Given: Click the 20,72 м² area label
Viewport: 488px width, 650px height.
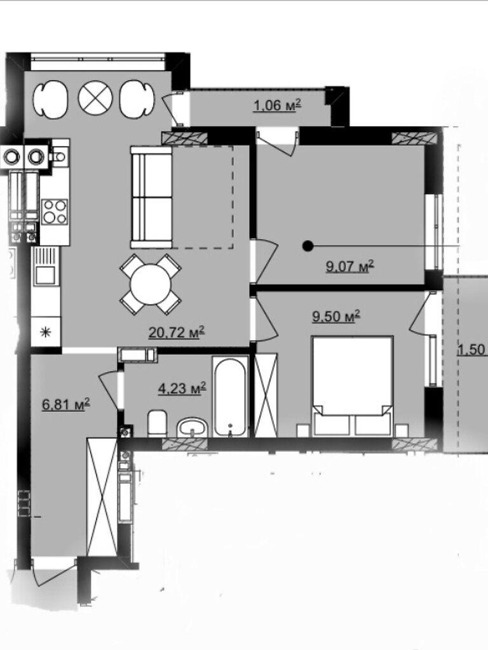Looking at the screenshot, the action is tap(177, 332).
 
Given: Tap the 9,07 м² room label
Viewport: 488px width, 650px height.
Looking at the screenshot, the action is tap(350, 266).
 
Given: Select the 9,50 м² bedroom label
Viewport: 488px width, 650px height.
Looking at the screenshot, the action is tap(336, 317).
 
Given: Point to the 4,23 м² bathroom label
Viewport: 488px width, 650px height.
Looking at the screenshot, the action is tap(182, 388).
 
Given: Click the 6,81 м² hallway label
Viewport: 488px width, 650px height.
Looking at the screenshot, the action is tap(66, 404).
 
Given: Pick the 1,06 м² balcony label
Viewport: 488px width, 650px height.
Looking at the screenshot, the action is tap(277, 106).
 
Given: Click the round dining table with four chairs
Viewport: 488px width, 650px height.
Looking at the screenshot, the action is tap(151, 285).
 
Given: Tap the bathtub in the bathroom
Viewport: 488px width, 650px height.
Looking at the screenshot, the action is tap(230, 396).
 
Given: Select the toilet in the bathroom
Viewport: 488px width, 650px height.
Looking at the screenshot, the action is tap(158, 423).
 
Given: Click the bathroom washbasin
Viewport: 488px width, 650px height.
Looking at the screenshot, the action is tap(192, 427).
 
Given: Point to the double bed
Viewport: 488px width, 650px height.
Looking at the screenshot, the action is tap(352, 385).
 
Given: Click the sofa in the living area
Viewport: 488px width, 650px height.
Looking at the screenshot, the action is tap(151, 197).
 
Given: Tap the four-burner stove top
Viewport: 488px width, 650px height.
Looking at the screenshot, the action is tap(55, 212).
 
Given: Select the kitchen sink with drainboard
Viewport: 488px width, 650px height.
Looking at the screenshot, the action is tap(46, 266).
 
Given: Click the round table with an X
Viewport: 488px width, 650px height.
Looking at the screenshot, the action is tap(95, 98).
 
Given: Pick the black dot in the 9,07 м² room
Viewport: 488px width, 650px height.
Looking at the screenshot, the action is tap(308, 246).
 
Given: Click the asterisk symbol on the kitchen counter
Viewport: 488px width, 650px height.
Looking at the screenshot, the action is tap(46, 331).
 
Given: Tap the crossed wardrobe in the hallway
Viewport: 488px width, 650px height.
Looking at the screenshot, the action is tap(102, 496).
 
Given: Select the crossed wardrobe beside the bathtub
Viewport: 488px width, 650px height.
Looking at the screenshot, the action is tap(266, 395).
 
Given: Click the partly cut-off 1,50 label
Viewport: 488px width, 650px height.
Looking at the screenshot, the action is tap(472, 350).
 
